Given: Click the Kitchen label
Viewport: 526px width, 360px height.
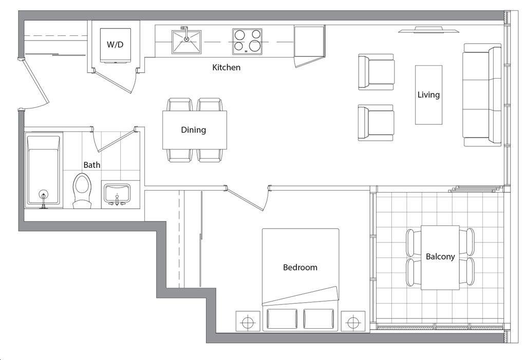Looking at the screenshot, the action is [x=227, y=67].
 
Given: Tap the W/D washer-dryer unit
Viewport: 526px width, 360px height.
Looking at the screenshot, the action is [x=116, y=45].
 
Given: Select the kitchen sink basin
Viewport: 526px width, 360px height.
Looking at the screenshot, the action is [x=186, y=42].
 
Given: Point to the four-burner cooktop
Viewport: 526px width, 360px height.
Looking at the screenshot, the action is [x=247, y=41].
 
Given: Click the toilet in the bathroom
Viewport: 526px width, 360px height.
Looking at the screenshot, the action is [x=82, y=191].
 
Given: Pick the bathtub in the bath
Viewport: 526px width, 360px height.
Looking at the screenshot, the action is [x=44, y=170].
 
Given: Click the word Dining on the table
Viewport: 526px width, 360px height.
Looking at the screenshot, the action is [x=194, y=130].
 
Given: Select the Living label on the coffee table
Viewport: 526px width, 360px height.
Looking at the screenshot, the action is [x=429, y=94].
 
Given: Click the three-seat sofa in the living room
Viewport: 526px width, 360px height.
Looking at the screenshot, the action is [x=482, y=95].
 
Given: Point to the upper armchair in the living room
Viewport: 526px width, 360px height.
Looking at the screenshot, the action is [x=376, y=72].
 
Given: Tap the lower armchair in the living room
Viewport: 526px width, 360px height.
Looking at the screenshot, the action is [x=375, y=122].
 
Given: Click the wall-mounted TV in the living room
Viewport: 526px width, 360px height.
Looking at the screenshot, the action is [x=429, y=30].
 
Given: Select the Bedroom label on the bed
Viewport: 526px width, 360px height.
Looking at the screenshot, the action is [x=300, y=268].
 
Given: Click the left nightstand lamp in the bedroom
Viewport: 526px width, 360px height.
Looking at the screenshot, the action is [x=248, y=323].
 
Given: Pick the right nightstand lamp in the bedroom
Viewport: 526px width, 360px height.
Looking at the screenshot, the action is [x=353, y=323].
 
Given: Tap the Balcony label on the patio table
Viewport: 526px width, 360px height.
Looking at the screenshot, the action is [x=440, y=257].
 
